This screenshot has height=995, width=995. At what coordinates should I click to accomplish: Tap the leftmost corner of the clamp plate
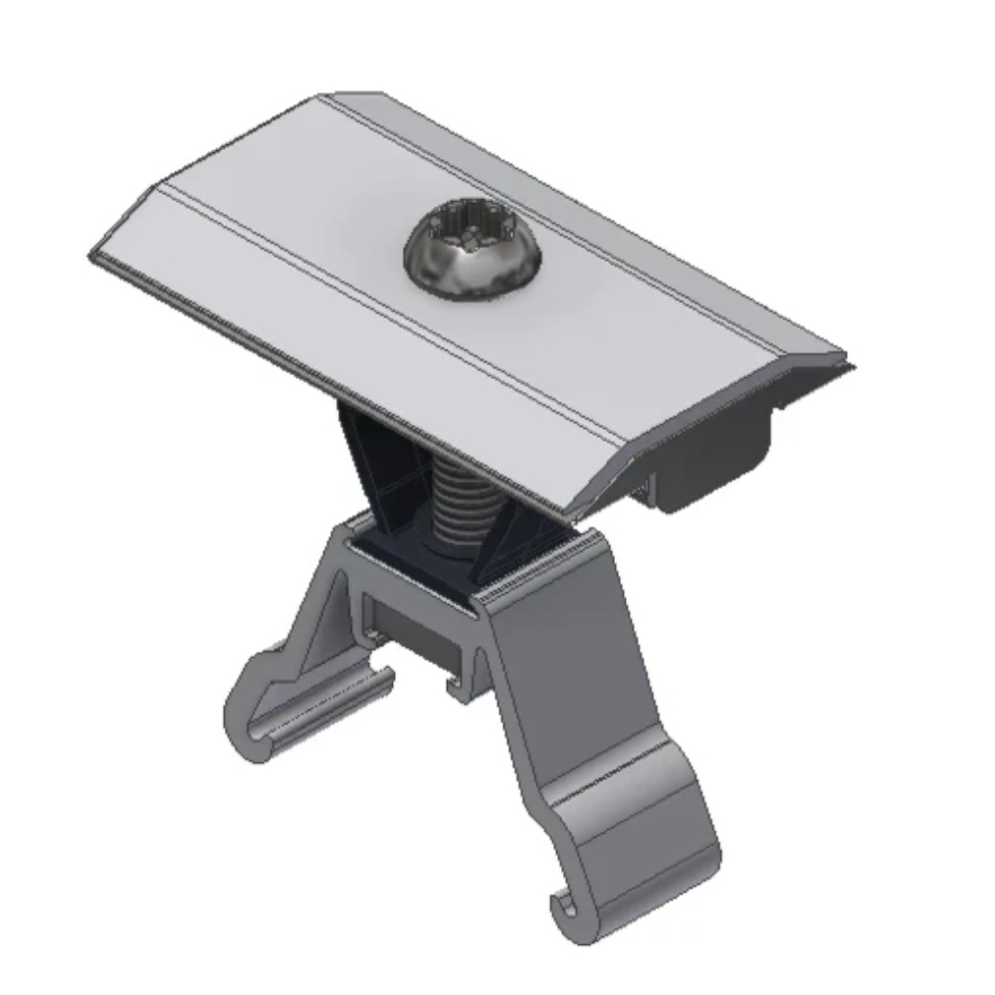coord(92,255)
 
